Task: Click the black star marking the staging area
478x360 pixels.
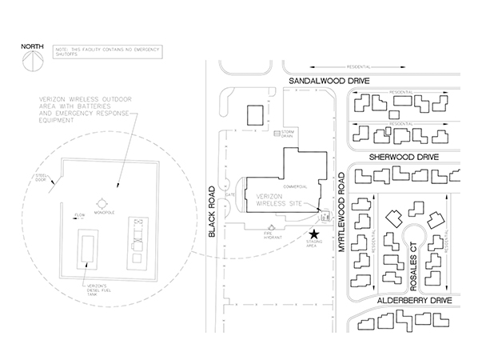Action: coord(313,231)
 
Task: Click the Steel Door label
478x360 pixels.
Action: coord(41,178)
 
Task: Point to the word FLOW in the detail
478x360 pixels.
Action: coord(79,215)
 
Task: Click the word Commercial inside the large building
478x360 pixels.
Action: coord(297,186)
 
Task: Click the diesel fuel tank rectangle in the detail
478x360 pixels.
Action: coord(86,248)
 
